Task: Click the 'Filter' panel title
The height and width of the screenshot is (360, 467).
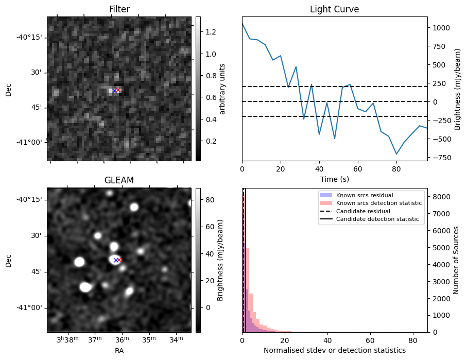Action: pyautogui.click(x=119, y=9)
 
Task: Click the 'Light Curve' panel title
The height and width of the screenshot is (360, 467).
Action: pyautogui.click(x=334, y=9)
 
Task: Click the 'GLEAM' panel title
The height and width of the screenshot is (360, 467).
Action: pyautogui.click(x=119, y=180)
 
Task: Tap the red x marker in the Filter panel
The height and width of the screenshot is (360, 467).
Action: pyautogui.click(x=118, y=90)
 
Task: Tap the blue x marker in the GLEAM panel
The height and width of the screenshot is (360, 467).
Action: pyautogui.click(x=116, y=261)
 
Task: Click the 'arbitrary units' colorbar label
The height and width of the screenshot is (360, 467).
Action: pyautogui.click(x=223, y=89)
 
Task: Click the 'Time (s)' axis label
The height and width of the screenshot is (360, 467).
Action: pyautogui.click(x=334, y=179)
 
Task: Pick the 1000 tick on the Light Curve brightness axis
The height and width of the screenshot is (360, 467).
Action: pyautogui.click(x=442, y=28)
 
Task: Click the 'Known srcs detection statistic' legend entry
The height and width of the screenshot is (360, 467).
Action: pyautogui.click(x=378, y=203)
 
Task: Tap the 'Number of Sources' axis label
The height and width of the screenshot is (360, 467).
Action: pyautogui.click(x=456, y=260)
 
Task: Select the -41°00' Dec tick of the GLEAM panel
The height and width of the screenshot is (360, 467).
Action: pyautogui.click(x=31, y=307)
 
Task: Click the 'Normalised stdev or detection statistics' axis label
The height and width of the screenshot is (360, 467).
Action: pyautogui.click(x=334, y=350)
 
